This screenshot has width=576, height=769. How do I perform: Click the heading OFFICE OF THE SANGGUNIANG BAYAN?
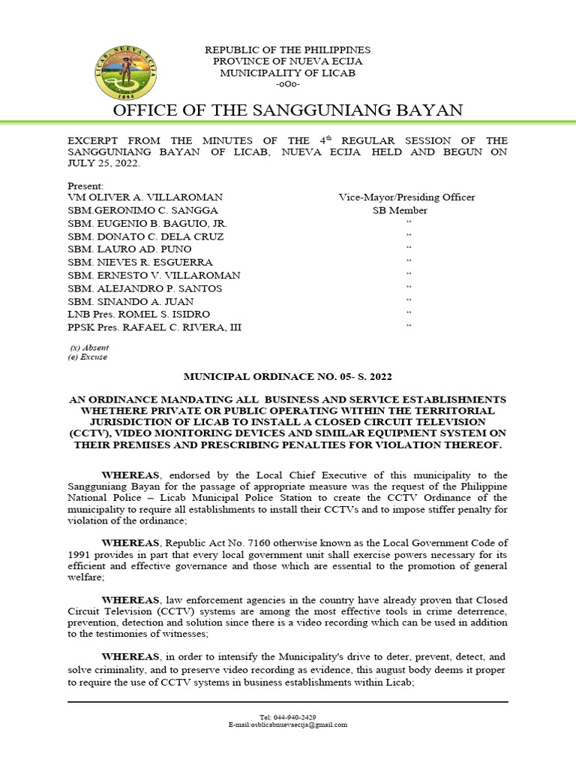(x=288, y=111)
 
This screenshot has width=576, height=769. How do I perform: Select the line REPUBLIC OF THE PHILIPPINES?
(x=288, y=50)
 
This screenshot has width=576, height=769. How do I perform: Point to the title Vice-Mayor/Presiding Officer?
(x=406, y=198)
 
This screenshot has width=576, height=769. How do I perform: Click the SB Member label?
(x=400, y=211)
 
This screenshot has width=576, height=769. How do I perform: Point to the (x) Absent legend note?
(x=88, y=348)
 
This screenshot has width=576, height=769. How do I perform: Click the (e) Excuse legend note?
(x=88, y=357)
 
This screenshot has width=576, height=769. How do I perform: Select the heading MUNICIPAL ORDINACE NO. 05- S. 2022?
(x=288, y=376)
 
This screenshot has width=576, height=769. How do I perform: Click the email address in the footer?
(x=288, y=725)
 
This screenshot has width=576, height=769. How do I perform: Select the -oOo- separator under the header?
(x=288, y=84)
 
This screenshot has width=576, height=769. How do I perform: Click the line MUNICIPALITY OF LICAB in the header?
(x=288, y=73)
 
